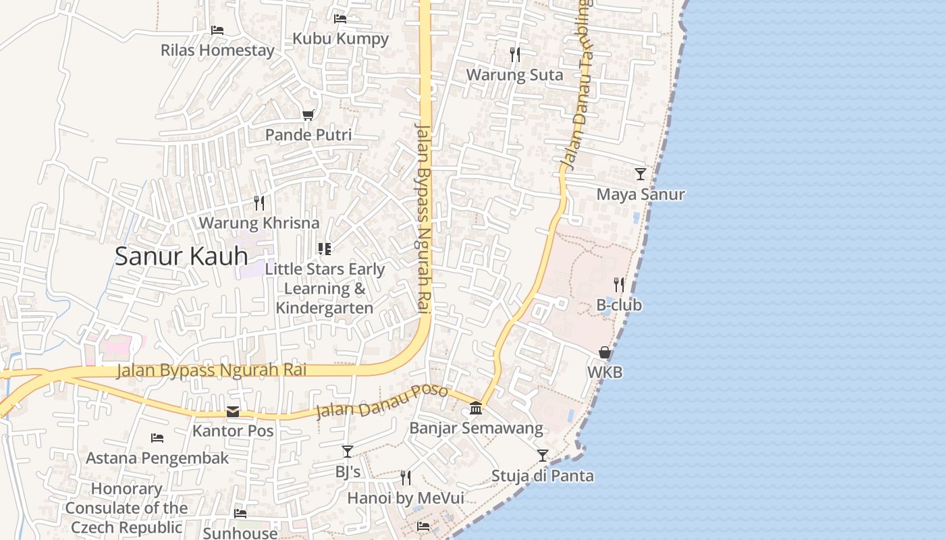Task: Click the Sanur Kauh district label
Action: pyautogui.click(x=181, y=256)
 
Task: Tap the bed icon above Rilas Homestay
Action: pyautogui.click(x=217, y=30)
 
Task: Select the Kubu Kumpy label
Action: pyautogui.click(x=340, y=38)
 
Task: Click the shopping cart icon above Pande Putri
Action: pyautogui.click(x=308, y=115)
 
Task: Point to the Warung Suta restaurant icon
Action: pyautogui.click(x=515, y=55)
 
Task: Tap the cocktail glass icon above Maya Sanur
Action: pyautogui.click(x=641, y=174)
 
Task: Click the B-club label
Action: pyautogui.click(x=619, y=305)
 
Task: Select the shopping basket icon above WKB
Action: pyautogui.click(x=605, y=353)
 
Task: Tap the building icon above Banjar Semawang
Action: pyautogui.click(x=476, y=408)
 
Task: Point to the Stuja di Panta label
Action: pyautogui.click(x=543, y=476)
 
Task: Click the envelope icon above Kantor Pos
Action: pyautogui.click(x=233, y=412)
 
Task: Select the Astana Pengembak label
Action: pyautogui.click(x=157, y=458)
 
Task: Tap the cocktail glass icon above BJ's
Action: pyautogui.click(x=348, y=452)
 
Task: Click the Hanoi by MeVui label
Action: pyautogui.click(x=405, y=498)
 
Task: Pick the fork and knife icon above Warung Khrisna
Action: pyautogui.click(x=259, y=202)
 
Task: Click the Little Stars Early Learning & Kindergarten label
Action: pyautogui.click(x=325, y=288)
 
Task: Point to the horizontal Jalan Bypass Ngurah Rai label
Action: pyautogui.click(x=212, y=371)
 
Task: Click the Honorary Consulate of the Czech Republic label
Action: pyautogui.click(x=127, y=508)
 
